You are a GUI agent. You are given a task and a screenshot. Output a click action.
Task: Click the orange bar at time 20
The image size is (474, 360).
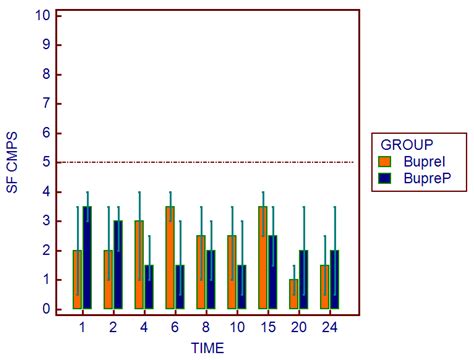tap(293, 294)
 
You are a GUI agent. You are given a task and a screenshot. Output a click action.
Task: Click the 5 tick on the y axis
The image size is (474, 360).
tap(43, 162)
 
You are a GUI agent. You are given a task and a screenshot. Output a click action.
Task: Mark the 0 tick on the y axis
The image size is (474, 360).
tap(43, 309)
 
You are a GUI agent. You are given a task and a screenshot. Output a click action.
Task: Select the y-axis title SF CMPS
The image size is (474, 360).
tap(13, 163)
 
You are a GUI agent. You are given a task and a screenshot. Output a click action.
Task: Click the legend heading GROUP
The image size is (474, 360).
tap(401, 143)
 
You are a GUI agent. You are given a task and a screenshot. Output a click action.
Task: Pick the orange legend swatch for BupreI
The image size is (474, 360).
tap(385, 160)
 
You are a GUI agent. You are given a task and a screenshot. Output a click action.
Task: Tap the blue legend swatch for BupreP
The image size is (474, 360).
tap(385, 177)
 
